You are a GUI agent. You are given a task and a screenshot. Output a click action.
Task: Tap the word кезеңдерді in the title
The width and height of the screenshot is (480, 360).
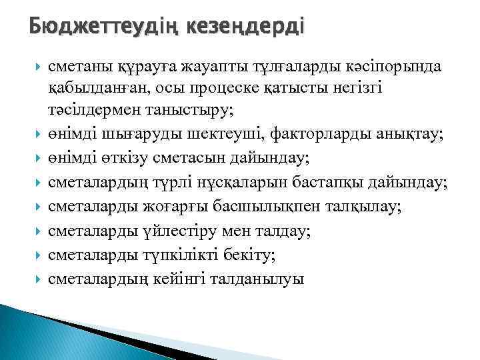coord(246,27)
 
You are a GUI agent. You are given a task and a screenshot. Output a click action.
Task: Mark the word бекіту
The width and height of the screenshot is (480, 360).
coord(253,255)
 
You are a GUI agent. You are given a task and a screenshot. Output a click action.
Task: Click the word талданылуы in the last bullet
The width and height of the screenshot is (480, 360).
coord(257,279)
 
